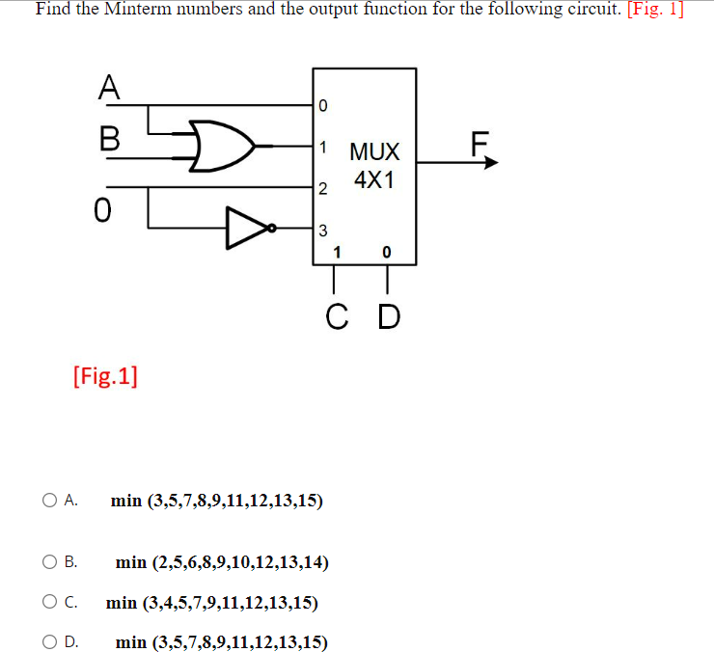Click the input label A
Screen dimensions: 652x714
coord(109,88)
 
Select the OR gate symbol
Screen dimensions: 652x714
coord(220,146)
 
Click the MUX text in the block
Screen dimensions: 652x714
coord(374,151)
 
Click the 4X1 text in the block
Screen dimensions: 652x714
coord(374,179)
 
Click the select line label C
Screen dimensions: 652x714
coord(334,316)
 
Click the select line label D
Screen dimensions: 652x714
coord(388,316)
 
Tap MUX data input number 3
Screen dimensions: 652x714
coord(324,230)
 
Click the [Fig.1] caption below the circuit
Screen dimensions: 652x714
coord(104,375)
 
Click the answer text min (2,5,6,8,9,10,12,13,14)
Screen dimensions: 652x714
coord(222,562)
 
